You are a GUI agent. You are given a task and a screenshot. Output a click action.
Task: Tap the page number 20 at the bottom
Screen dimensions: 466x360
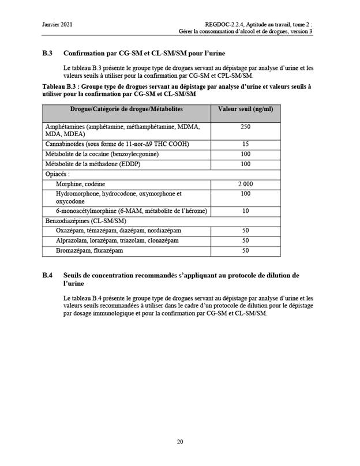[180, 442]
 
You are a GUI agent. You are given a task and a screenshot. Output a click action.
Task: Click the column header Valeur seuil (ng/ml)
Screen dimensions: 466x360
[245, 109]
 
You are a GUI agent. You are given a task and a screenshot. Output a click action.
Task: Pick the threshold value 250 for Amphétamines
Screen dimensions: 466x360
[246, 126]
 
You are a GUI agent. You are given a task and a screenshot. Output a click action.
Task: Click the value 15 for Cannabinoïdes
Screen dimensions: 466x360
[246, 144]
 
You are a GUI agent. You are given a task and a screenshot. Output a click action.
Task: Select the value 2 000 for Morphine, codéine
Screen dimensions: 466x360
[246, 183]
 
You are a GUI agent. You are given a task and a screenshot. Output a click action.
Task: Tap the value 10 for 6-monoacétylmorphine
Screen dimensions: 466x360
[246, 211]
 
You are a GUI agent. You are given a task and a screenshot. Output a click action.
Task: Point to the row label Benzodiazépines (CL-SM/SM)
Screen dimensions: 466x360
[85, 220]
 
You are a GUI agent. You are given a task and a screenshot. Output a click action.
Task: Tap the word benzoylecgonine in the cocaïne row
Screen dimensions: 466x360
[133, 154]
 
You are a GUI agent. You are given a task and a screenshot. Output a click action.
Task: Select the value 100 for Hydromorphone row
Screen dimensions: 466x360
[246, 194]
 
